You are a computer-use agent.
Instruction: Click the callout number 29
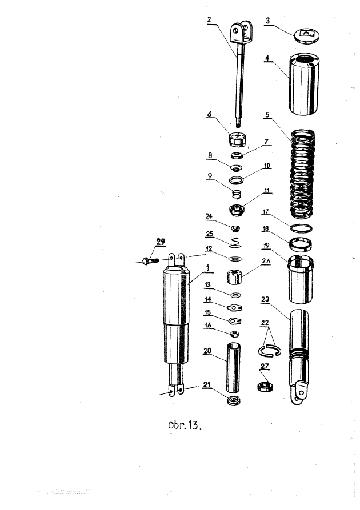point(161,242)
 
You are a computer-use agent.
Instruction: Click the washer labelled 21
point(234,400)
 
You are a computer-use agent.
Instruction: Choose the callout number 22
point(265,323)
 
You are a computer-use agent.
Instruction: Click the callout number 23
point(265,299)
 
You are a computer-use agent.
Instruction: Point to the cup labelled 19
point(301,280)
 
